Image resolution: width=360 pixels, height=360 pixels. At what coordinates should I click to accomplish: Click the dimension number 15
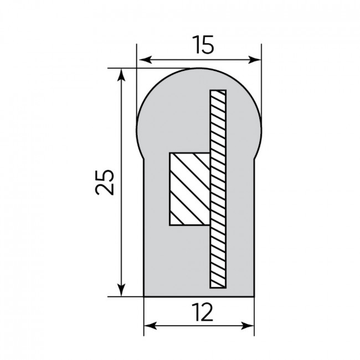[x=203, y=44]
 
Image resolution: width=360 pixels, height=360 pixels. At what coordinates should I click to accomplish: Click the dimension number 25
[x=105, y=183]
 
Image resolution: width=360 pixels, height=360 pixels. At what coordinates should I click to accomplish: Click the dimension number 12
[x=203, y=312]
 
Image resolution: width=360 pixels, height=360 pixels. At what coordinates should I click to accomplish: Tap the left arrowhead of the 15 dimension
[x=145, y=60]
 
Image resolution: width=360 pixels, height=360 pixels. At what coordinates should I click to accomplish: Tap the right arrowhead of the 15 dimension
[x=255, y=60]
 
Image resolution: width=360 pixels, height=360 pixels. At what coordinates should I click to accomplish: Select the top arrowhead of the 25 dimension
[x=121, y=75]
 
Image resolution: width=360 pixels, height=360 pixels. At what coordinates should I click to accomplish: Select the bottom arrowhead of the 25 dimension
[x=121, y=290]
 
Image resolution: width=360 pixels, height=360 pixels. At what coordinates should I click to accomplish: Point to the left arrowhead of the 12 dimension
[x=151, y=326]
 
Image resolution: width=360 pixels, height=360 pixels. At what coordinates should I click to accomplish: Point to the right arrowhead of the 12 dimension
[x=248, y=326]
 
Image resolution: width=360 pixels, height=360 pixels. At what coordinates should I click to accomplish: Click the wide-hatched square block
[x=189, y=189]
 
